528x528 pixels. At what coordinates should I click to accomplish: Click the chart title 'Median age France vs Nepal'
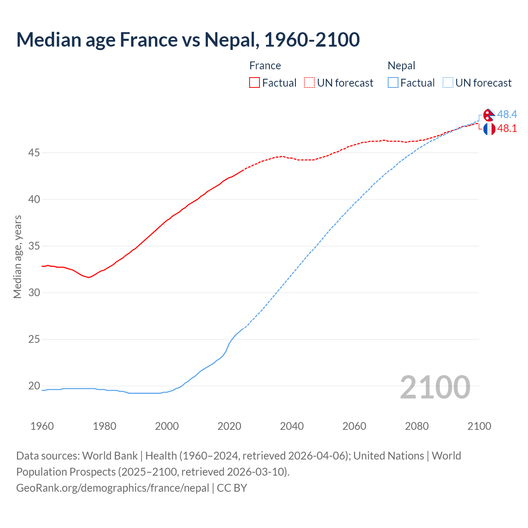(188, 40)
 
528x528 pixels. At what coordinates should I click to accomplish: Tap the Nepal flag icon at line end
(489, 115)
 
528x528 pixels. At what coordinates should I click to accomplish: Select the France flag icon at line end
(489, 129)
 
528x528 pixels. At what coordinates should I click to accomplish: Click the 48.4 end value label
(507, 114)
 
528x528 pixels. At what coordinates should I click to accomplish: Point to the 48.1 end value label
(507, 128)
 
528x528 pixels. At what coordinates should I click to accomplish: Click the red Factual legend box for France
(255, 82)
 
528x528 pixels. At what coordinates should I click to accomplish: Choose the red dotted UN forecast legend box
(309, 82)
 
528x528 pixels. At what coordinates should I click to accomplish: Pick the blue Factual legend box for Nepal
(393, 82)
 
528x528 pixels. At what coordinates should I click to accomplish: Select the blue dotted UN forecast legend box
(448, 82)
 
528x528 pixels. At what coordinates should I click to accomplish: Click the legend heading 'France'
(265, 66)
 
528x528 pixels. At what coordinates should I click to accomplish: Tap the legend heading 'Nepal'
(401, 66)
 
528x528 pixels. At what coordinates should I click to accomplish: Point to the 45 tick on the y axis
(34, 153)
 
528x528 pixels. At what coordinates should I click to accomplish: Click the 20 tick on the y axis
(34, 386)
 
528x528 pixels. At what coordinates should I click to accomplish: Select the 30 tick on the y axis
(34, 292)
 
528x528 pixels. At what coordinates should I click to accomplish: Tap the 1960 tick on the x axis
(42, 426)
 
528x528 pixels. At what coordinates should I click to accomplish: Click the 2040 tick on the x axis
(292, 426)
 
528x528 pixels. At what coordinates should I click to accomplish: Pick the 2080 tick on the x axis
(417, 426)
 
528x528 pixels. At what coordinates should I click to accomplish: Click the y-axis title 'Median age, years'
(17, 257)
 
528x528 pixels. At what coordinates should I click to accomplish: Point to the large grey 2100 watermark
(435, 387)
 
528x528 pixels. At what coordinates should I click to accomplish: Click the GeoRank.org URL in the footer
(113, 488)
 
